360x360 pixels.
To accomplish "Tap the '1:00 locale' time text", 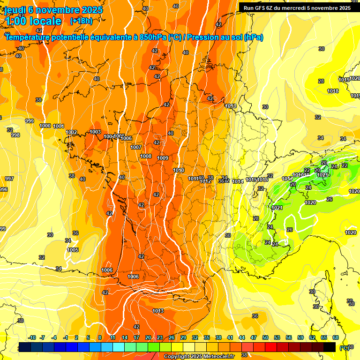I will click(33, 21).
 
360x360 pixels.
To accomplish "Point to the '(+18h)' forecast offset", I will click(81, 21).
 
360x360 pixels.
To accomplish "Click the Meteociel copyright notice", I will click(199, 356).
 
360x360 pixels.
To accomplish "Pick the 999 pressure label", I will click(30, 121).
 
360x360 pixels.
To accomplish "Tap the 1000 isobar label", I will click(45, 126).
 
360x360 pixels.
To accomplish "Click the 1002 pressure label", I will click(71, 133).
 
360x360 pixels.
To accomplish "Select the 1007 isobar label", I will click(136, 147).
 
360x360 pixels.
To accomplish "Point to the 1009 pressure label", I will click(163, 158).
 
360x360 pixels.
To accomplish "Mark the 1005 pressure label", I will click(73, 250).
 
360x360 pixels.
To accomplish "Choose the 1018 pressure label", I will click(333, 91).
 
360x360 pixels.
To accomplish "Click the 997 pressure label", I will click(9, 179).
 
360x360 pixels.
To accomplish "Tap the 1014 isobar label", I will click(238, 181).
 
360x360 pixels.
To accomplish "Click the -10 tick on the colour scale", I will click(32, 337).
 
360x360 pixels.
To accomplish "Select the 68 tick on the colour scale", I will click(336, 337).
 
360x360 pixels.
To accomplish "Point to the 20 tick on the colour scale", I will click(148, 337).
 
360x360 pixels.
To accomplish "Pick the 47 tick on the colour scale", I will click(254, 337).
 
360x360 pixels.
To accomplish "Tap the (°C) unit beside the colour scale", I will click(345, 347).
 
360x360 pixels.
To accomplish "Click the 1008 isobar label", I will click(146, 156).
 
